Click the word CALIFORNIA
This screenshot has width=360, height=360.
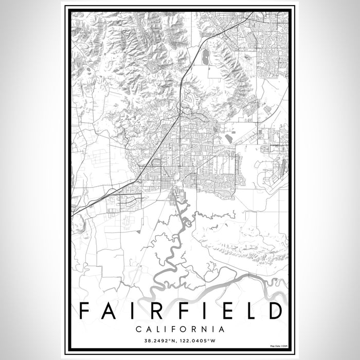[179, 329]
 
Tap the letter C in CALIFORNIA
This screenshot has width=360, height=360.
[138, 329]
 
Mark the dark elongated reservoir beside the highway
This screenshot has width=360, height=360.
[207, 58]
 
